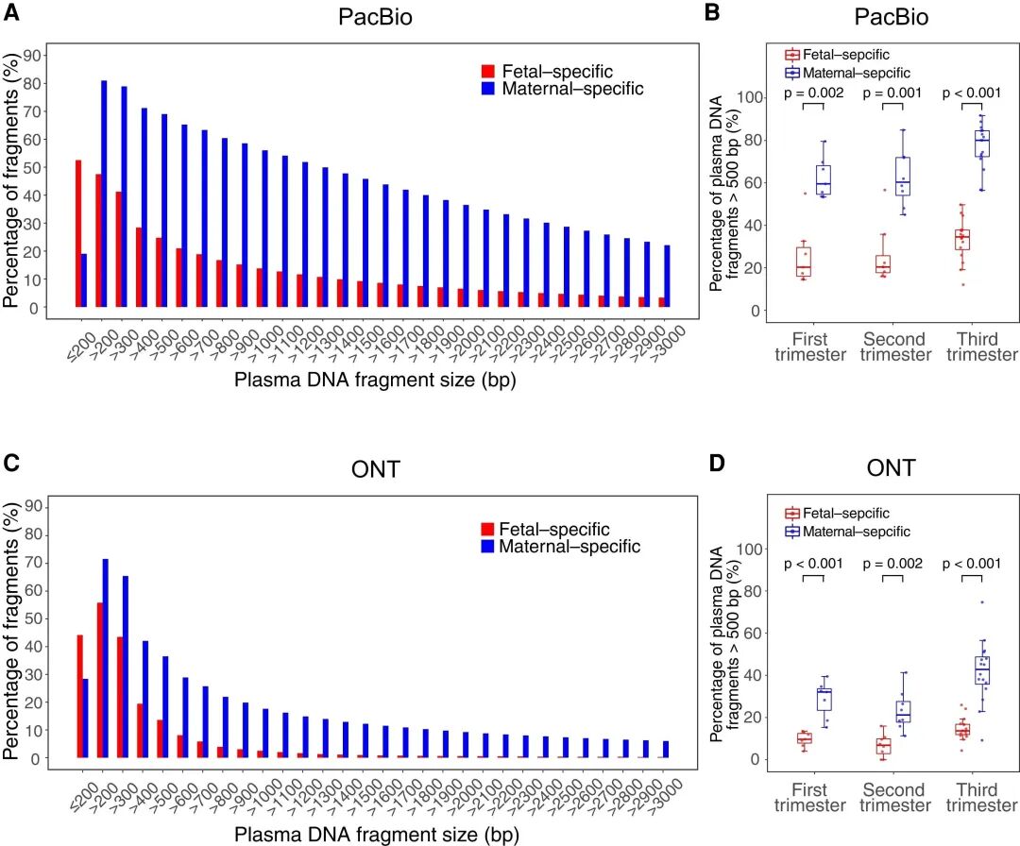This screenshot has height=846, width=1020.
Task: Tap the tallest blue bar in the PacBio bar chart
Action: [x=104, y=194]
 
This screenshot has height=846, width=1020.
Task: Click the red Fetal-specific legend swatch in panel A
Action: [x=487, y=72]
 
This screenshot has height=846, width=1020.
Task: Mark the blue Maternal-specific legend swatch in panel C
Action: [x=488, y=548]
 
